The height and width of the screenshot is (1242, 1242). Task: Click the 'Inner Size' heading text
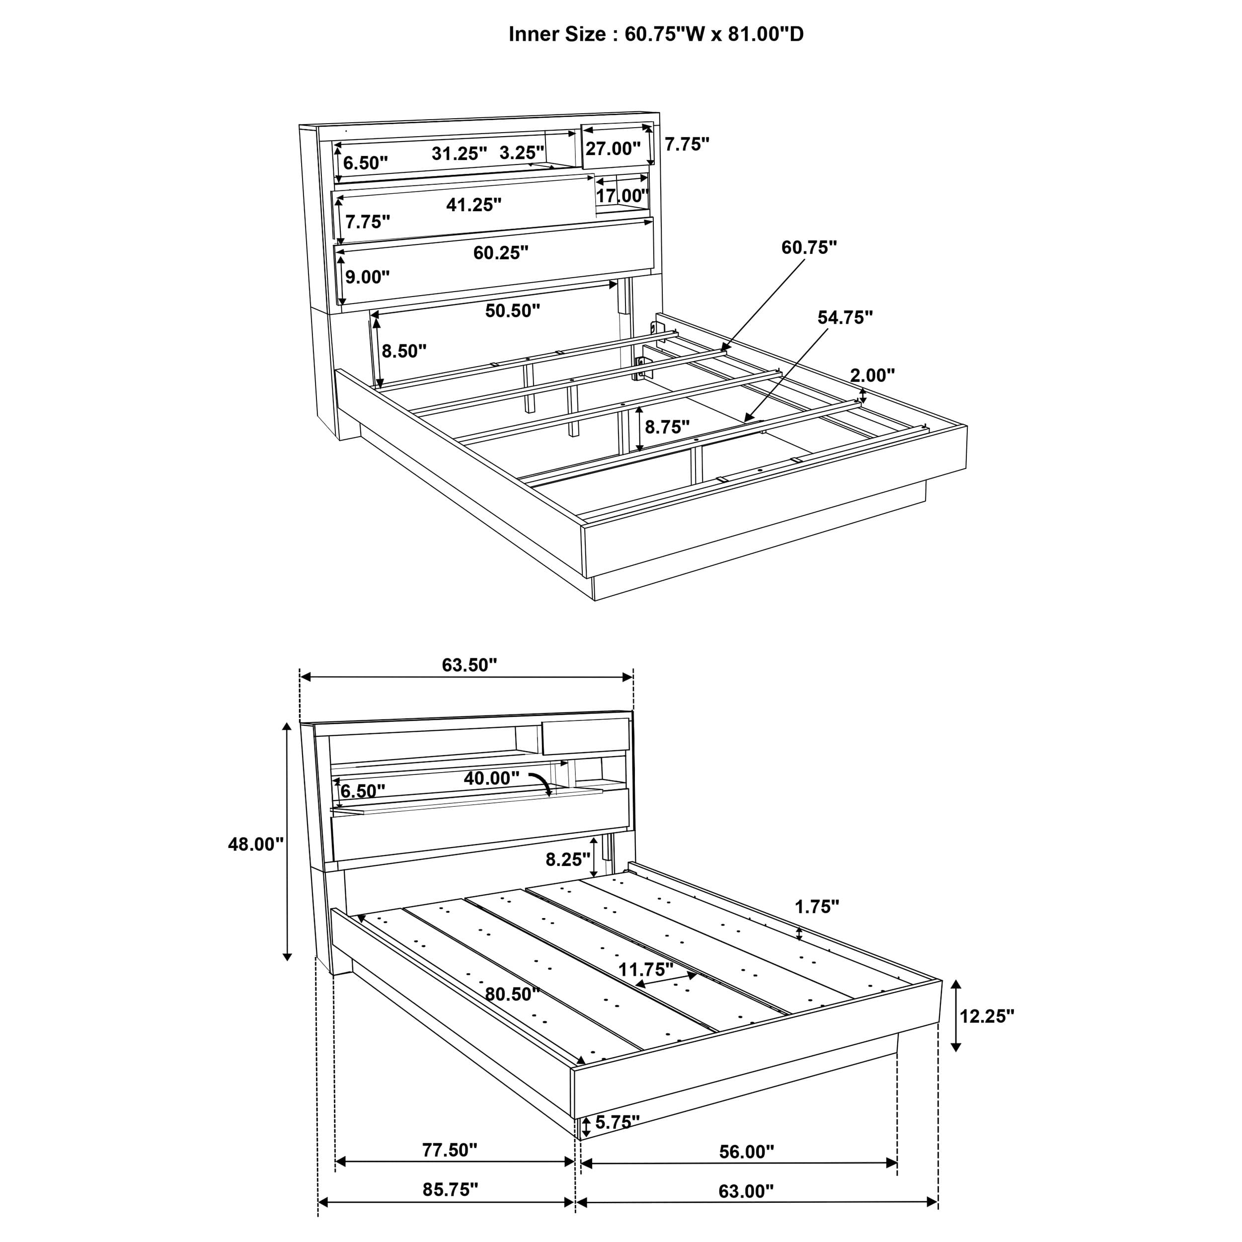click(656, 34)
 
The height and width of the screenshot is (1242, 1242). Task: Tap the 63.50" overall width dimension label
click(469, 665)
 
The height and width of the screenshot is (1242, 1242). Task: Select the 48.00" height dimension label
click(256, 844)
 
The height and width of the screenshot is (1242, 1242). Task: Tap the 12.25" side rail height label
click(987, 1016)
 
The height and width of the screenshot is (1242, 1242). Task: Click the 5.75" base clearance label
click(617, 1122)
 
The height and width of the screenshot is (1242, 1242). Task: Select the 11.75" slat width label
click(645, 968)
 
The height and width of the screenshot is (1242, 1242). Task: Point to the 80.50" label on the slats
click(512, 994)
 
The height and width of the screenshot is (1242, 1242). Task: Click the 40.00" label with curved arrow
click(491, 778)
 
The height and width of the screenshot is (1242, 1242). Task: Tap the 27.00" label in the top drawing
click(613, 149)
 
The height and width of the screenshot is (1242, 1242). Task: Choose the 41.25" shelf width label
click(474, 204)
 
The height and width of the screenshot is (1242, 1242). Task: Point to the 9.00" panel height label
click(367, 277)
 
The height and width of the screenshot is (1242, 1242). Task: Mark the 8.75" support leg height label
click(667, 426)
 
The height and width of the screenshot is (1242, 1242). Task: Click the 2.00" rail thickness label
click(872, 375)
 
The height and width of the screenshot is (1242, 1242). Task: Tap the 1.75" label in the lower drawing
click(817, 907)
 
